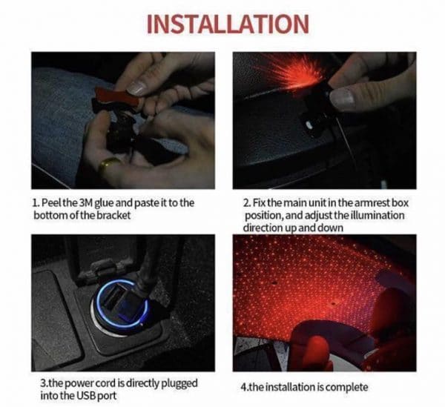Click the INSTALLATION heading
point(228,24)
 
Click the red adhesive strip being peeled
point(117,96)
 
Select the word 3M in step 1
point(85,203)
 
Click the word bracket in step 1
point(113,215)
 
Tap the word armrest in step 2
point(368,203)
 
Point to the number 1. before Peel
point(36,203)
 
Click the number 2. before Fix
point(247,203)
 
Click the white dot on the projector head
point(309,124)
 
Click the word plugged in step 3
point(179,384)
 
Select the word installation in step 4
point(289,387)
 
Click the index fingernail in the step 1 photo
point(136,88)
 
